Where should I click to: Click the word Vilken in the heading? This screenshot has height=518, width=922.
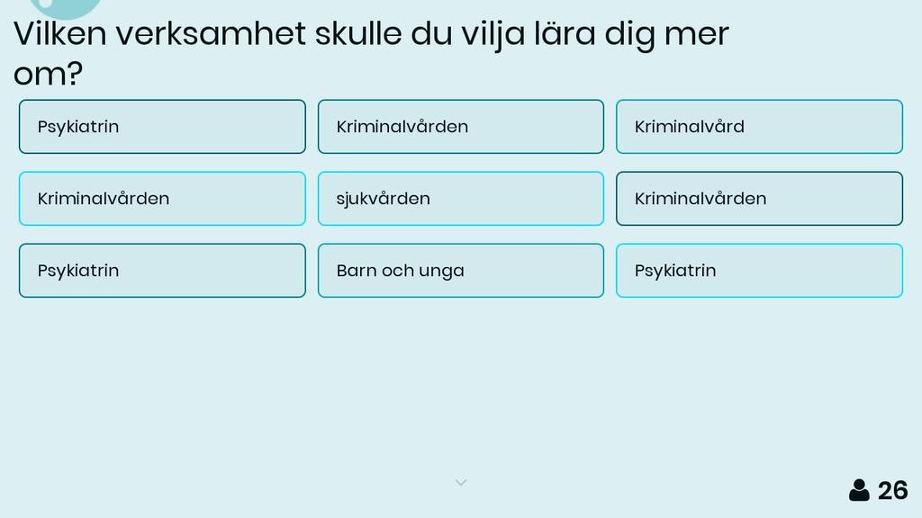pos(60,33)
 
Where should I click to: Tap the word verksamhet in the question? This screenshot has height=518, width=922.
pos(211,33)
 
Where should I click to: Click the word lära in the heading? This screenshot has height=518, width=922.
pos(565,33)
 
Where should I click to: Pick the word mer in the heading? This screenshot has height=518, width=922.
pos(697,36)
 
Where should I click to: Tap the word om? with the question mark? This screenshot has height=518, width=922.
pos(48,74)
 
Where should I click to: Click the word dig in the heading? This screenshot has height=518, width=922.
pos(629,35)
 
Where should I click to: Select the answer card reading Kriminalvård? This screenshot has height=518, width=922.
pos(759,127)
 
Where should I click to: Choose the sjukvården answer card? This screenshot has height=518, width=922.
pos(461,199)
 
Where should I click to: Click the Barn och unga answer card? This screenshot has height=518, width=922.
pos(461,271)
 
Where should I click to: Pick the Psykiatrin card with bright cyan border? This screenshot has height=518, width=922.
pos(759,271)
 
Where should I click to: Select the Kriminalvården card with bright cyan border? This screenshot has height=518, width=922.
pos(162,199)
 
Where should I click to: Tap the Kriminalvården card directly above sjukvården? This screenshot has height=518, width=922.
pos(461,127)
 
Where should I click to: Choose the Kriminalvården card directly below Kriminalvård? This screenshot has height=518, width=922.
pos(759,199)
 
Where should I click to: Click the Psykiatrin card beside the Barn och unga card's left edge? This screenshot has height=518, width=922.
pos(162,271)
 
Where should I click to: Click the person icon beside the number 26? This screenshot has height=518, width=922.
pos(859,490)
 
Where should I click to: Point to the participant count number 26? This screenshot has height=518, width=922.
pos(892,491)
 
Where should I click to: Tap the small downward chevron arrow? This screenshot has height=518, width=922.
pos(461,483)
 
